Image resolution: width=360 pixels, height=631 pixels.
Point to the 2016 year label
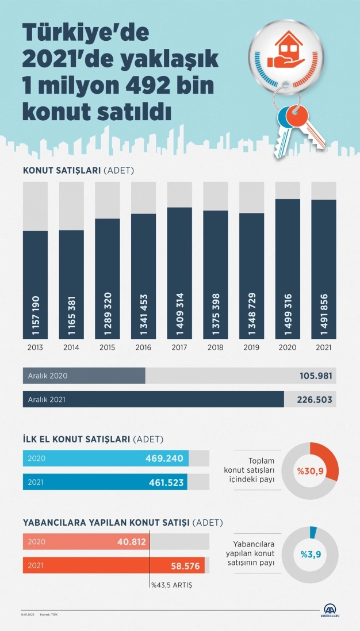143,348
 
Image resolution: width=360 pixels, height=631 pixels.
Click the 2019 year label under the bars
251,348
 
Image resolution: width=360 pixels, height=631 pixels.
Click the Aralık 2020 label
48,376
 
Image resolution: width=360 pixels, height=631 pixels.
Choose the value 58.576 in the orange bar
185,566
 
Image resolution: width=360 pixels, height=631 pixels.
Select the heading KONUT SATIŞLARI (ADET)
78,170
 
